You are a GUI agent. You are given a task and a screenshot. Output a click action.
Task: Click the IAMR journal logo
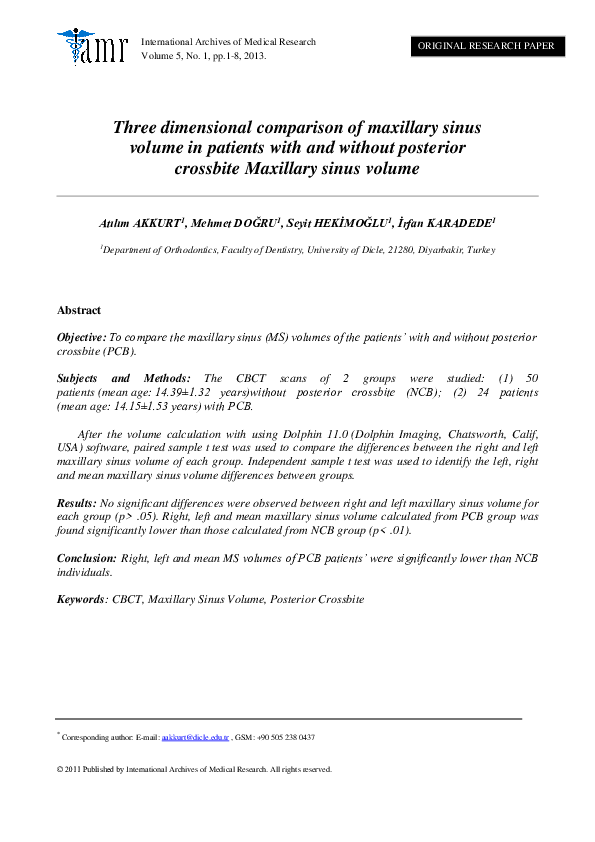(x=94, y=46)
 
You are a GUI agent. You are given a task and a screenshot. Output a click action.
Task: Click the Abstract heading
(x=79, y=311)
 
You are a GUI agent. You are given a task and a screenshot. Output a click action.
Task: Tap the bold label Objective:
(x=81, y=339)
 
